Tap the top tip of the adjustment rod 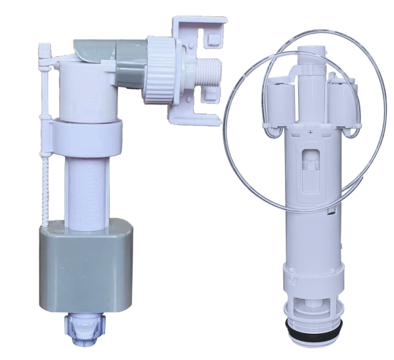pos(46,47)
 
